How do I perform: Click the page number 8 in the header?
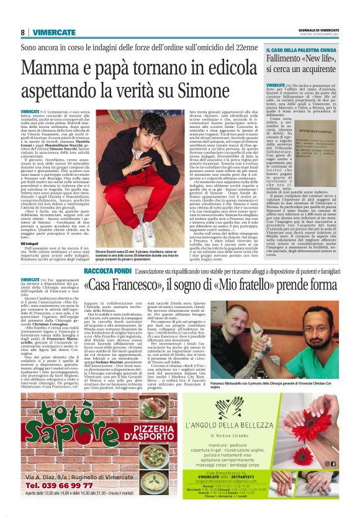pyautogui.click(x=23, y=32)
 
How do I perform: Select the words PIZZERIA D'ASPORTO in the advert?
pyautogui.click(x=122, y=424)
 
